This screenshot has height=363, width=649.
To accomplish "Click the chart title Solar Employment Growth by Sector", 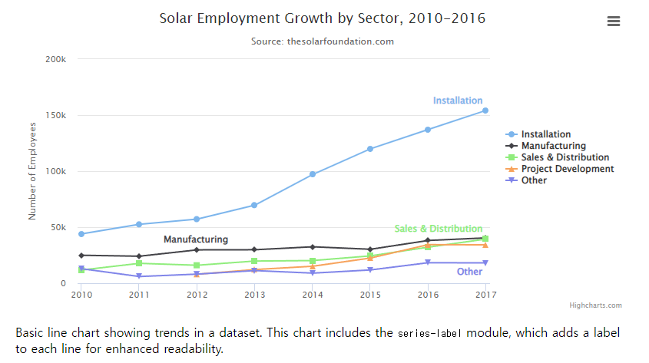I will click(x=322, y=18).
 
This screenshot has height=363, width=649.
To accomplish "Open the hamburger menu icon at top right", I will click(x=613, y=21).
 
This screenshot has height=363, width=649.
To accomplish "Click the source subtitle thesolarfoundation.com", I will click(x=322, y=41).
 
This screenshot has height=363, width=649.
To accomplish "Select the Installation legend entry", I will click(x=545, y=134).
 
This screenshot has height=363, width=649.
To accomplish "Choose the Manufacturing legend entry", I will click(x=553, y=146).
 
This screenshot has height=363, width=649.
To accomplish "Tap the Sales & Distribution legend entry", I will click(x=565, y=157).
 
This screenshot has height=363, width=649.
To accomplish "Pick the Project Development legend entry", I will click(x=567, y=169).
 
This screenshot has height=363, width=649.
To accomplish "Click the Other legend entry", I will click(x=534, y=180).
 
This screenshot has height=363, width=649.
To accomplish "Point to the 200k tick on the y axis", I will click(x=56, y=59).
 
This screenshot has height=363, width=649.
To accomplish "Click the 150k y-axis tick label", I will click(x=56, y=115).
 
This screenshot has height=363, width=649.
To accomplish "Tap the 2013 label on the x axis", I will click(x=255, y=295).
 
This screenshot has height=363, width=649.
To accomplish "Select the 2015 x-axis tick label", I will click(x=371, y=295).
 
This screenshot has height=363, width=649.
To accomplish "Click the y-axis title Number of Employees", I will click(x=33, y=170).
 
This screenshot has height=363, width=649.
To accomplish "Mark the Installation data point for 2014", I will click(x=313, y=174).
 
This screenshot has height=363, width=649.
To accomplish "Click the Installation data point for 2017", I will click(x=485, y=111).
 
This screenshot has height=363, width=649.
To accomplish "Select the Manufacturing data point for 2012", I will click(x=197, y=249).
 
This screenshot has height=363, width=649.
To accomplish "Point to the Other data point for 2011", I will click(x=139, y=276).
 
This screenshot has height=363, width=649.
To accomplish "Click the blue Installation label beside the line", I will click(x=458, y=101).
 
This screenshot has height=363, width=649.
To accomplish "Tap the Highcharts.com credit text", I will click(x=595, y=305).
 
